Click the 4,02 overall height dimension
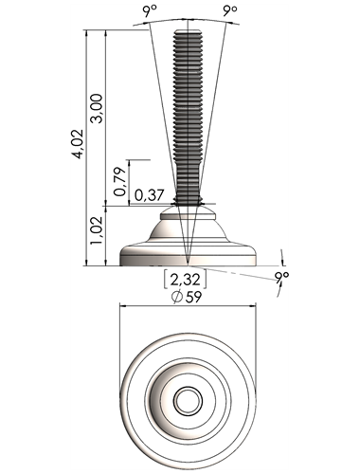click(78, 144)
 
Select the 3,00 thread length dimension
click(97, 108)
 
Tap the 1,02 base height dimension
click(97, 230)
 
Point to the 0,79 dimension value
click(120, 181)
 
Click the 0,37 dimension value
click(149, 195)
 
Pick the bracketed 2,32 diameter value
click(185, 280)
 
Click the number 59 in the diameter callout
click(193, 297)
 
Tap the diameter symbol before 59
click(177, 297)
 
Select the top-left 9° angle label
click(150, 11)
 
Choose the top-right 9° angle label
click(230, 10)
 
